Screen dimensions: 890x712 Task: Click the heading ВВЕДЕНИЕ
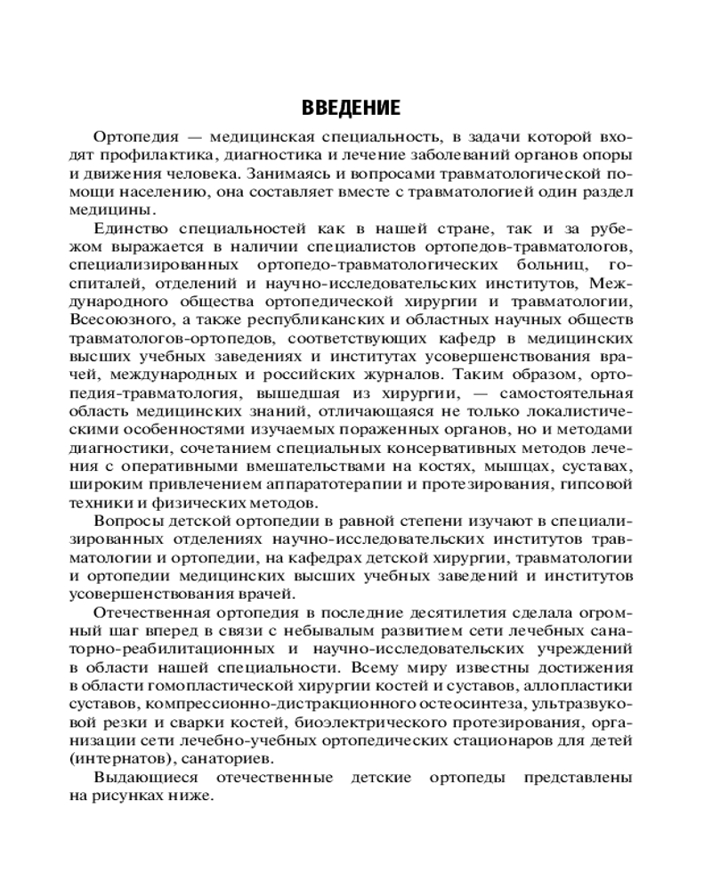point(351,109)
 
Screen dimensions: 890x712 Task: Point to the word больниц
point(545,265)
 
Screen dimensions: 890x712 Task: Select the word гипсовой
point(599,484)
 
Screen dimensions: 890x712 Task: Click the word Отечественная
point(149,612)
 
